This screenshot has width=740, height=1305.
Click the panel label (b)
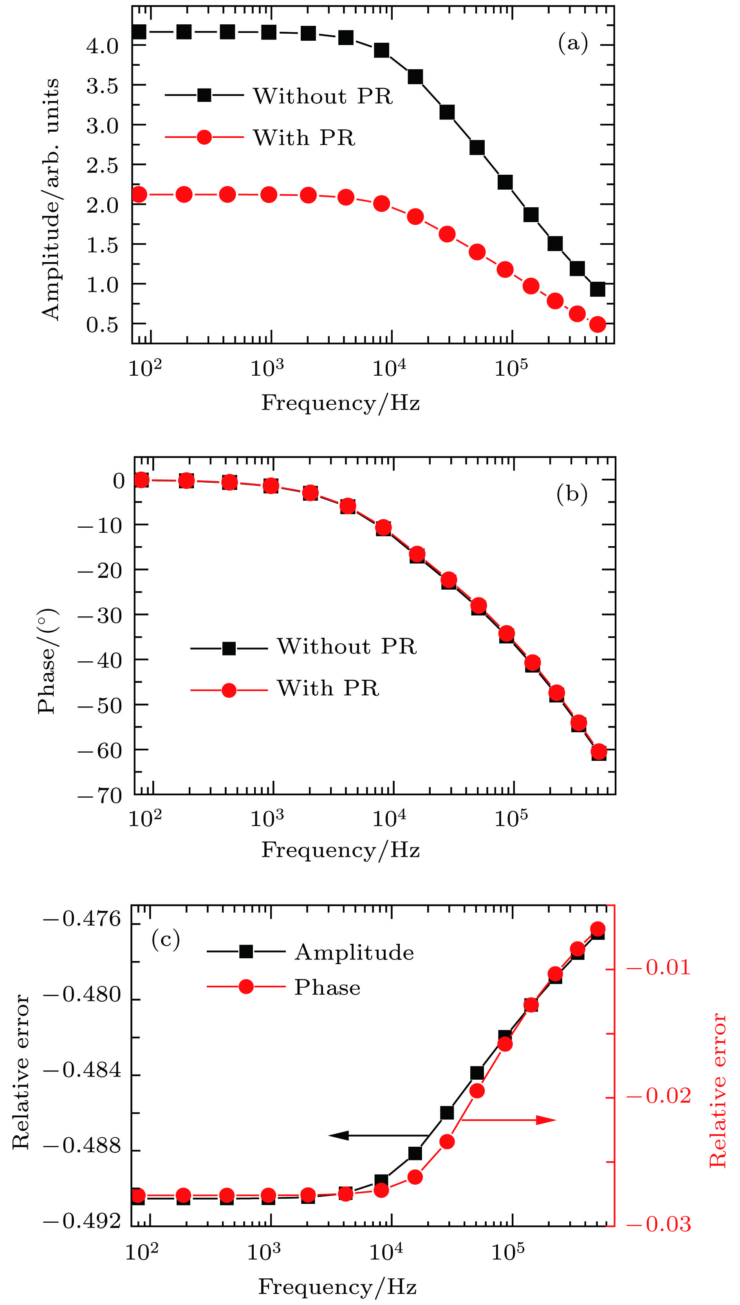tap(572, 493)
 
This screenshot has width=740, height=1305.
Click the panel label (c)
tap(166, 940)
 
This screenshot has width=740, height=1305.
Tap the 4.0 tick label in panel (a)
tap(102, 46)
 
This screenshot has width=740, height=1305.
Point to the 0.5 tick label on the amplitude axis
tap(102, 324)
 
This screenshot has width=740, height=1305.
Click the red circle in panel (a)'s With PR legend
tap(204, 137)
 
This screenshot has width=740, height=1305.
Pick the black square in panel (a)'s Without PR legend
tap(204, 95)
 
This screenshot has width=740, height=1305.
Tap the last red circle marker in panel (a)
tap(598, 324)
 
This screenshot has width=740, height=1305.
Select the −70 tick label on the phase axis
tap(100, 795)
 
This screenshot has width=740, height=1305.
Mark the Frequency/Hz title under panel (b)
tap(341, 850)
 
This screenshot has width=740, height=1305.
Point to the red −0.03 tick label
tap(659, 1225)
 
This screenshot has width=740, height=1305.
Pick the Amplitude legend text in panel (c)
tap(354, 952)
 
